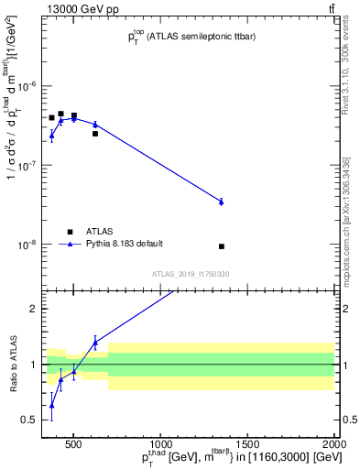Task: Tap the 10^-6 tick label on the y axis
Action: click(x=28, y=86)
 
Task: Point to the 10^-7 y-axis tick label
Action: click(x=28, y=166)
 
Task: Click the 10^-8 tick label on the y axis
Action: click(x=28, y=245)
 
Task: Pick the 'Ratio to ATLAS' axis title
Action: click(x=12, y=364)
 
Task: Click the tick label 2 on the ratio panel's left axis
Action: click(x=34, y=309)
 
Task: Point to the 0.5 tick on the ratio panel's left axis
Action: click(x=30, y=420)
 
